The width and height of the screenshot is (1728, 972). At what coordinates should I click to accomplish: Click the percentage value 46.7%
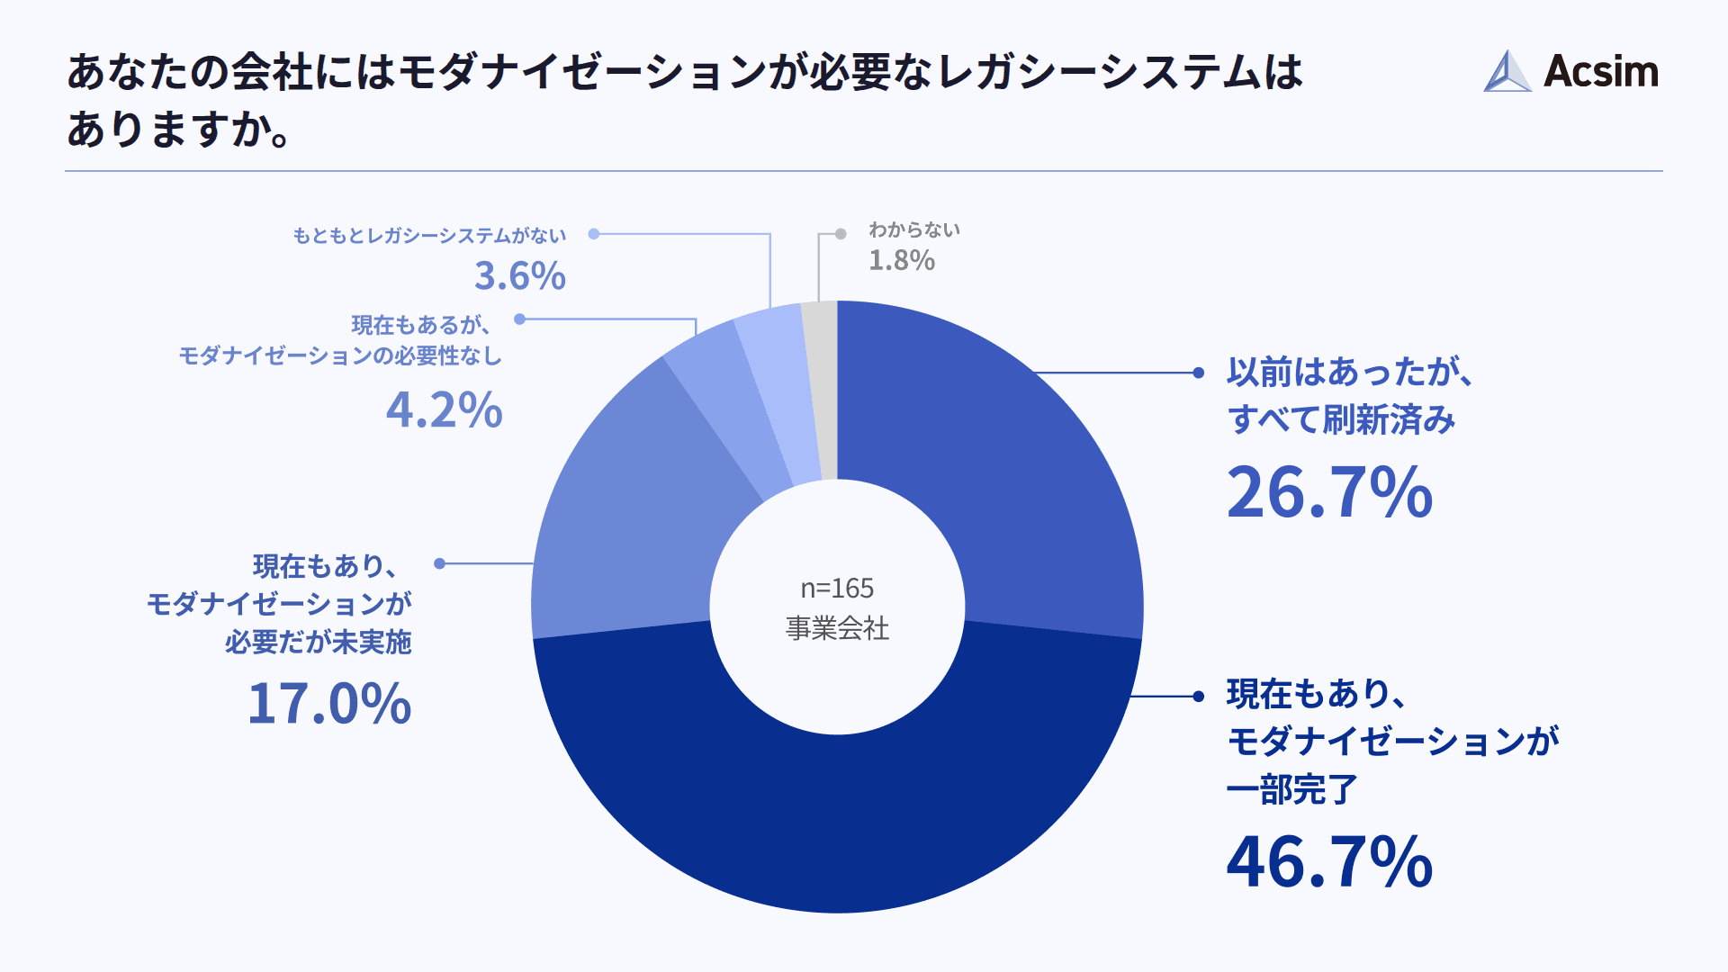[1329, 862]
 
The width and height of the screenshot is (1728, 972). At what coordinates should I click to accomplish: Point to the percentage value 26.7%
[1329, 492]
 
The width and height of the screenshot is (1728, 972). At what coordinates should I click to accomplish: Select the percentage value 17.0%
[329, 703]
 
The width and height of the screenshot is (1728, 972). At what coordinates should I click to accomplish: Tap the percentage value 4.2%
[444, 410]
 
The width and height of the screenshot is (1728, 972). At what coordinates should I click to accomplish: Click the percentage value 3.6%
[520, 275]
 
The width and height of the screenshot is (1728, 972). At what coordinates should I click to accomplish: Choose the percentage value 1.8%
[902, 260]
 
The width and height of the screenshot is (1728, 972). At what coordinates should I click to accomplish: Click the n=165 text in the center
[837, 588]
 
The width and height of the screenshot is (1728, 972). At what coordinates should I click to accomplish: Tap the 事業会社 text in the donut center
[837, 628]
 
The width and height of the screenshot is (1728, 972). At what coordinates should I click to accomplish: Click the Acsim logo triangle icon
[1507, 72]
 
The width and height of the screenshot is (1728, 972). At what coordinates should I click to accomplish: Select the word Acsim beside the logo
[1601, 71]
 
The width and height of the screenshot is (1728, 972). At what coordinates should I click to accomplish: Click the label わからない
[914, 230]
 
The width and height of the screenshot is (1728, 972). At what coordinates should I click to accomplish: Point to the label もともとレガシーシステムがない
[429, 236]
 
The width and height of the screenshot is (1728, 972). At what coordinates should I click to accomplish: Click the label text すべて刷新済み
[1341, 419]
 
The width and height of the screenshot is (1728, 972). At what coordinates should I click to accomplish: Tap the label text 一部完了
[1291, 789]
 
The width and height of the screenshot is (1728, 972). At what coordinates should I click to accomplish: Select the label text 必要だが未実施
[318, 642]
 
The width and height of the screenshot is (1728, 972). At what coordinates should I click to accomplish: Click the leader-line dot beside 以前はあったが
[1198, 373]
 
